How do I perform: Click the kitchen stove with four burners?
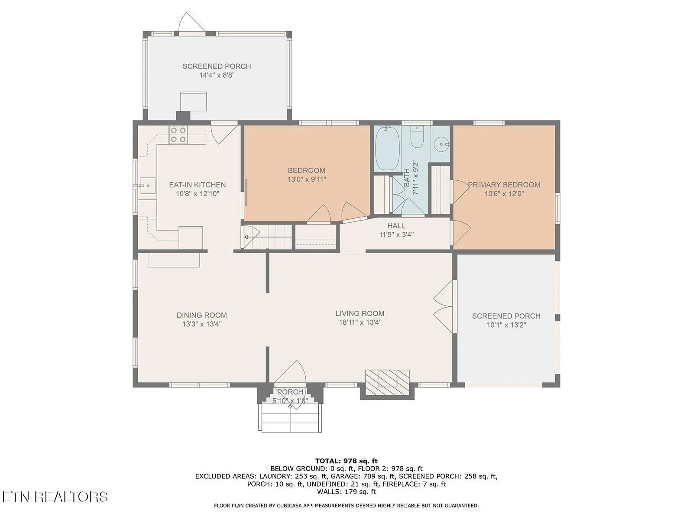point(178,135)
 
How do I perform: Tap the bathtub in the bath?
point(387,148)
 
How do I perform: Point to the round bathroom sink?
point(441,145)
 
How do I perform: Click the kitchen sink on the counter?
point(147,185)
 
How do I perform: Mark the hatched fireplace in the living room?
point(387,382)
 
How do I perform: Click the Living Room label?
point(360,313)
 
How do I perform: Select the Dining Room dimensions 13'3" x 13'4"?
point(202,324)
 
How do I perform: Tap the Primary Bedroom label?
point(504,185)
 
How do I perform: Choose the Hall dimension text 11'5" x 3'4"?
point(396,234)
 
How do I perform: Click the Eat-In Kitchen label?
point(198,185)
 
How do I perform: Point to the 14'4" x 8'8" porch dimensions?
point(217,75)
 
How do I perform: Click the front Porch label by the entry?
point(290,392)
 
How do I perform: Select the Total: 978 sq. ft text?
point(346,461)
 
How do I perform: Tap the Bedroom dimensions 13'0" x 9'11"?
point(307,179)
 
